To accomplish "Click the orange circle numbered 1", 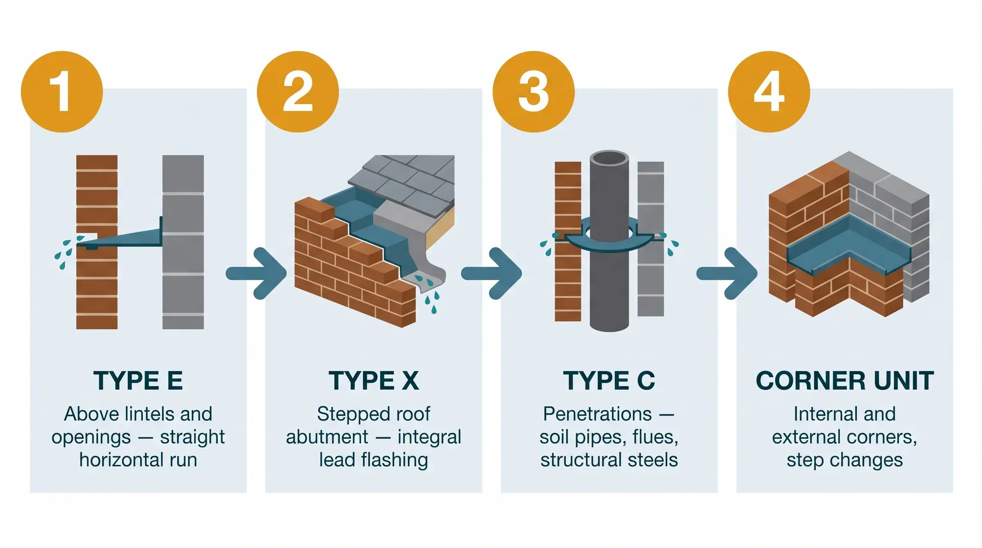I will (62, 92).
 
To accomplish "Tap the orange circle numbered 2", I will (298, 92).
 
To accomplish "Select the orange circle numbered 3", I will (533, 92).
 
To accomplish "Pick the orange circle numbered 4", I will (769, 92).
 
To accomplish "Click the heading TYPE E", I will (138, 381).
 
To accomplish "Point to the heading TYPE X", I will (373, 381).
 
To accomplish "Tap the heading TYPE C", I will (609, 381).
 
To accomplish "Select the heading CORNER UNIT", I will (844, 381).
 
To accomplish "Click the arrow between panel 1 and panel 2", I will (256, 273).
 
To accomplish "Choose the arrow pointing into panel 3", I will (491, 273).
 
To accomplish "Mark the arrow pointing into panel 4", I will (727, 273).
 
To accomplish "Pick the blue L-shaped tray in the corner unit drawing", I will (849, 245).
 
